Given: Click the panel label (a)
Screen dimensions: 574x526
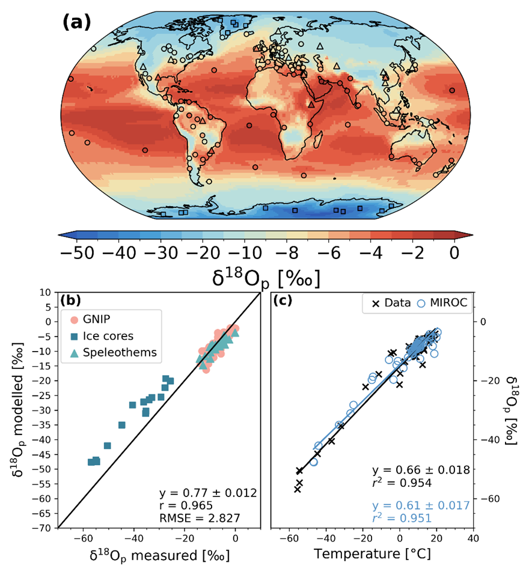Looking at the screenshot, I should [76, 22].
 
